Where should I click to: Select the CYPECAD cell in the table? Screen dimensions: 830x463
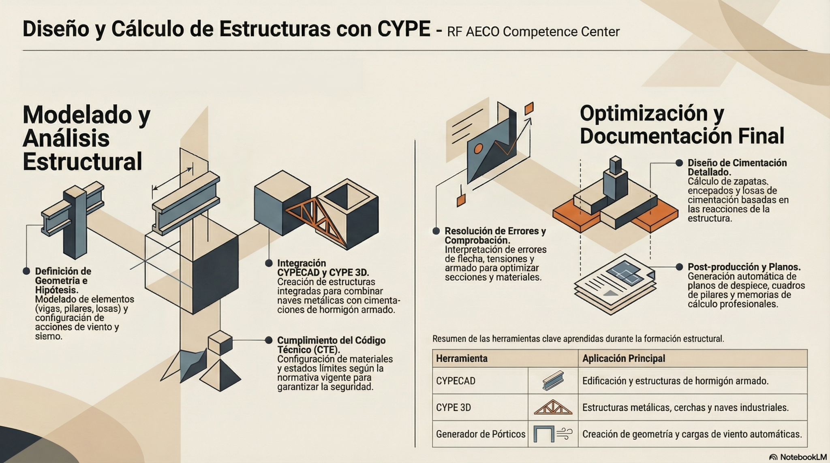pos(456,381)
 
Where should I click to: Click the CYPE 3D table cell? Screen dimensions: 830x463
pos(454,408)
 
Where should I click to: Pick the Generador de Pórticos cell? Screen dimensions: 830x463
pos(481,434)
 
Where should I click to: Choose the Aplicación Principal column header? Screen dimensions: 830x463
pos(624,358)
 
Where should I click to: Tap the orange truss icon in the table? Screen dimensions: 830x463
pos(553,408)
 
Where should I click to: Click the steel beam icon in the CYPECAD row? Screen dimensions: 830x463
pos(553,381)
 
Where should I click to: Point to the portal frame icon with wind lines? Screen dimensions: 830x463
pos(553,434)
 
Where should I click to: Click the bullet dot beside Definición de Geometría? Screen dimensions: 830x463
pos(26,271)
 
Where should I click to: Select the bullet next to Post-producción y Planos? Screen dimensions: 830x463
pos(679,267)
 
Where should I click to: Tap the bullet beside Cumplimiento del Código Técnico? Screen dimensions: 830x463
pos(268,340)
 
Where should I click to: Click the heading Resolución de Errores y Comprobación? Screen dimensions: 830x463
pos(495,236)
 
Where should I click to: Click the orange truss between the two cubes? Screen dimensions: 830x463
pos(316,221)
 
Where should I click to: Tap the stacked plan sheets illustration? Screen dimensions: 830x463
pos(615,284)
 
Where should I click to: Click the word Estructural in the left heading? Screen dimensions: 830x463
pos(82,162)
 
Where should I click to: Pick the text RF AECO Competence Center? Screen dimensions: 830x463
pos(533,32)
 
